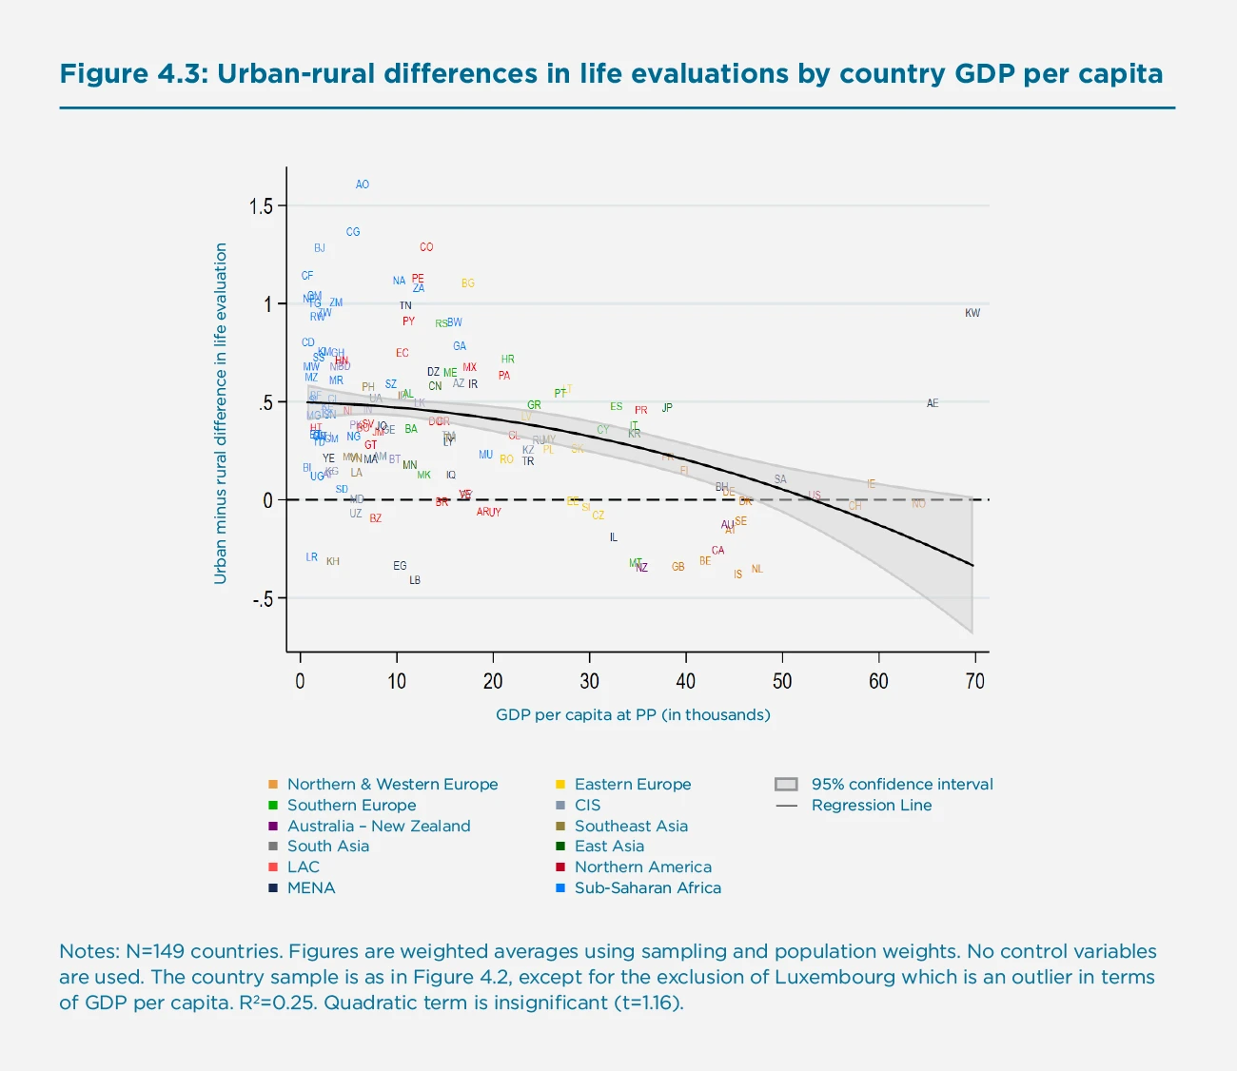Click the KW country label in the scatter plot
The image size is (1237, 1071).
tap(972, 313)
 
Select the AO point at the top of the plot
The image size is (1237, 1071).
tap(362, 185)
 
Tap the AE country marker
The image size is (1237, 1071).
tap(932, 403)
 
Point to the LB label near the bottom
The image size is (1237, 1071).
tap(414, 580)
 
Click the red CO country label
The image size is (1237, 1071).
tap(425, 247)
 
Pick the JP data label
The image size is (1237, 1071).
tap(666, 408)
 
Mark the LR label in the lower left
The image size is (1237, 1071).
tap(311, 557)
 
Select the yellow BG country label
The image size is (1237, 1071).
tap(467, 283)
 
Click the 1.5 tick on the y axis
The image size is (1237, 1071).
tap(261, 206)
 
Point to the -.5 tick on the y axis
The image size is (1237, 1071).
tap(262, 599)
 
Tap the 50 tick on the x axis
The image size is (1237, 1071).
tap(781, 681)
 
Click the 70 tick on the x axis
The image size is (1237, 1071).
tap(974, 681)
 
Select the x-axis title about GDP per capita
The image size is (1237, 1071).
tap(633, 714)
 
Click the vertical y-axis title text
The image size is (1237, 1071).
tap(221, 413)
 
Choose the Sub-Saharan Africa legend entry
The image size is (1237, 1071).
tap(647, 887)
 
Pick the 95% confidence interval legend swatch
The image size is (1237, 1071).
tap(785, 785)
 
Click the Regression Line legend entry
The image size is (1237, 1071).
tap(871, 806)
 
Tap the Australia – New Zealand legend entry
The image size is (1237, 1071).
tap(379, 826)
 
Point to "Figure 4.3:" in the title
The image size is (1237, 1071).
tap(133, 74)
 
